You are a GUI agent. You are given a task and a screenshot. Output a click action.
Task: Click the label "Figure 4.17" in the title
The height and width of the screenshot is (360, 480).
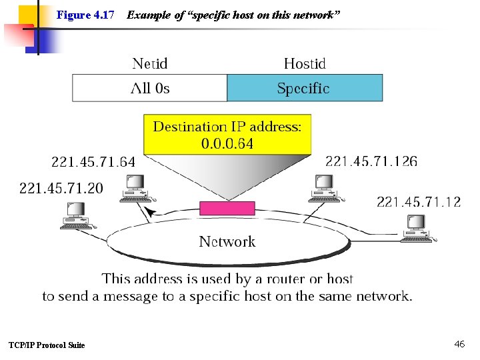tap(85, 15)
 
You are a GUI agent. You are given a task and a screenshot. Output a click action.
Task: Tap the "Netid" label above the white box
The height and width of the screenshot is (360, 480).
tap(150, 64)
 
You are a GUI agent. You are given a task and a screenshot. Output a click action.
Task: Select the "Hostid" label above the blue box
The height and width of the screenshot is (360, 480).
tap(305, 64)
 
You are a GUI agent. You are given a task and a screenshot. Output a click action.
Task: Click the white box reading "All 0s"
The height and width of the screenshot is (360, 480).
tap(150, 88)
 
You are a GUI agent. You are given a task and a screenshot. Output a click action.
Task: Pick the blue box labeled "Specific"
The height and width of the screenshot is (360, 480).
tap(305, 88)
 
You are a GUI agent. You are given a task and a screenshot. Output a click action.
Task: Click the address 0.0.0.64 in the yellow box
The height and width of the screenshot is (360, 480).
tap(227, 143)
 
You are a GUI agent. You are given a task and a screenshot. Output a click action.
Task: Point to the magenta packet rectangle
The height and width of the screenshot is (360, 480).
tap(227, 208)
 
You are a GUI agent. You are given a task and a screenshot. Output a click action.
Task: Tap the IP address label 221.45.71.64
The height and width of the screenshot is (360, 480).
tap(93, 162)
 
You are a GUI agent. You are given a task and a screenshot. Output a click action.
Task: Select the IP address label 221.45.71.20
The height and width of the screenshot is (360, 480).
tap(61, 188)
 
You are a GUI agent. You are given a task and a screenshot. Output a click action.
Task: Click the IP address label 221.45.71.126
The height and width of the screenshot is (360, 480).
tap(371, 161)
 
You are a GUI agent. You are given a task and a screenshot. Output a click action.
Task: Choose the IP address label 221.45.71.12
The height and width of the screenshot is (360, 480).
tap(419, 202)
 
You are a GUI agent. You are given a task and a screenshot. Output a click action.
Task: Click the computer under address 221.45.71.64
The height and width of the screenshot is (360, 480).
tap(137, 189)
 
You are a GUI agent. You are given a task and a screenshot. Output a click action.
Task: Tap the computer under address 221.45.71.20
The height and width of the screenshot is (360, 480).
tap(79, 216)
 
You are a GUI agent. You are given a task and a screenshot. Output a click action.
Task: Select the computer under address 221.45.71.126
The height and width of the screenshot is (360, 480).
tap(326, 189)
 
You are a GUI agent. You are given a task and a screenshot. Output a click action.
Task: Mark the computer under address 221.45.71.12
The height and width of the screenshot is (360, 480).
tap(418, 229)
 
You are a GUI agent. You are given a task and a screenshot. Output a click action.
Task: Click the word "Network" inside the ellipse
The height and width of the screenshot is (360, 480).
tap(227, 241)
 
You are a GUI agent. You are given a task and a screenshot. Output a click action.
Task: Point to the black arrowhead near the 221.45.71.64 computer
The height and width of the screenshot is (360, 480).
tap(150, 211)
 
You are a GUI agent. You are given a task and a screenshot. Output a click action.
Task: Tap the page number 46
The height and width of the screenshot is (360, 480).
tap(459, 344)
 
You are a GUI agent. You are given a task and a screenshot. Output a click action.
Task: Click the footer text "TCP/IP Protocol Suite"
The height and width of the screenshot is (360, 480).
tap(47, 345)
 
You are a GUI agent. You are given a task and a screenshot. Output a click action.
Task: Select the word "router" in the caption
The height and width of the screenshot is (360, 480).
tap(285, 279)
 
